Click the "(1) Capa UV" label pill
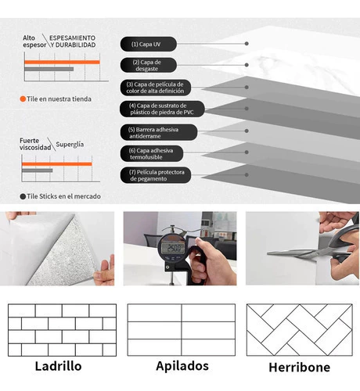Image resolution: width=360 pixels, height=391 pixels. [x=148, y=44]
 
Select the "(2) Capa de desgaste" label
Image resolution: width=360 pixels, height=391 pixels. [x=148, y=65]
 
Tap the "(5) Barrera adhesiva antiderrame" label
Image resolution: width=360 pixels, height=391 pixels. [x=159, y=132]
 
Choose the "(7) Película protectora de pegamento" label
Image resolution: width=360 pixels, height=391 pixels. [x=156, y=175]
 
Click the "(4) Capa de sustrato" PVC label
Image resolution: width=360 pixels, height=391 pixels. [x=162, y=109]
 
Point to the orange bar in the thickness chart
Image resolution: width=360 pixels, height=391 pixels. [x=62, y=62]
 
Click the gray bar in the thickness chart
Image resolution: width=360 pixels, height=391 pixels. [x=49, y=69]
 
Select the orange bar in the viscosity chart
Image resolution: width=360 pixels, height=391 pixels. [x=57, y=164]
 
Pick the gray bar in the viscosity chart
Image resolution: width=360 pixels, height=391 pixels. [x=38, y=170]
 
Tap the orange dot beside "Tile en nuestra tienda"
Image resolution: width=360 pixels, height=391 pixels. [x=23, y=99]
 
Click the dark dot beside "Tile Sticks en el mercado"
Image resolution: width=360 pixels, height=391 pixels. [x=23, y=196]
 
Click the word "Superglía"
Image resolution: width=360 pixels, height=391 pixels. [x=70, y=145]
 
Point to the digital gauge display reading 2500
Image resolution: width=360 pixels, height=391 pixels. [x=173, y=248]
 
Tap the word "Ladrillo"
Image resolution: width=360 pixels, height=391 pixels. [x=59, y=366]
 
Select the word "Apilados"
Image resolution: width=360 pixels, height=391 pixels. [x=182, y=366]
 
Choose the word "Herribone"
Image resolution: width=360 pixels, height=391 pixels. [x=300, y=368]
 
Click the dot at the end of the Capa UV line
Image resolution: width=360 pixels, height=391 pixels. [x=247, y=44]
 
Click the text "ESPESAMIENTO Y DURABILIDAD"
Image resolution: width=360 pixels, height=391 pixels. [x=73, y=41]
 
